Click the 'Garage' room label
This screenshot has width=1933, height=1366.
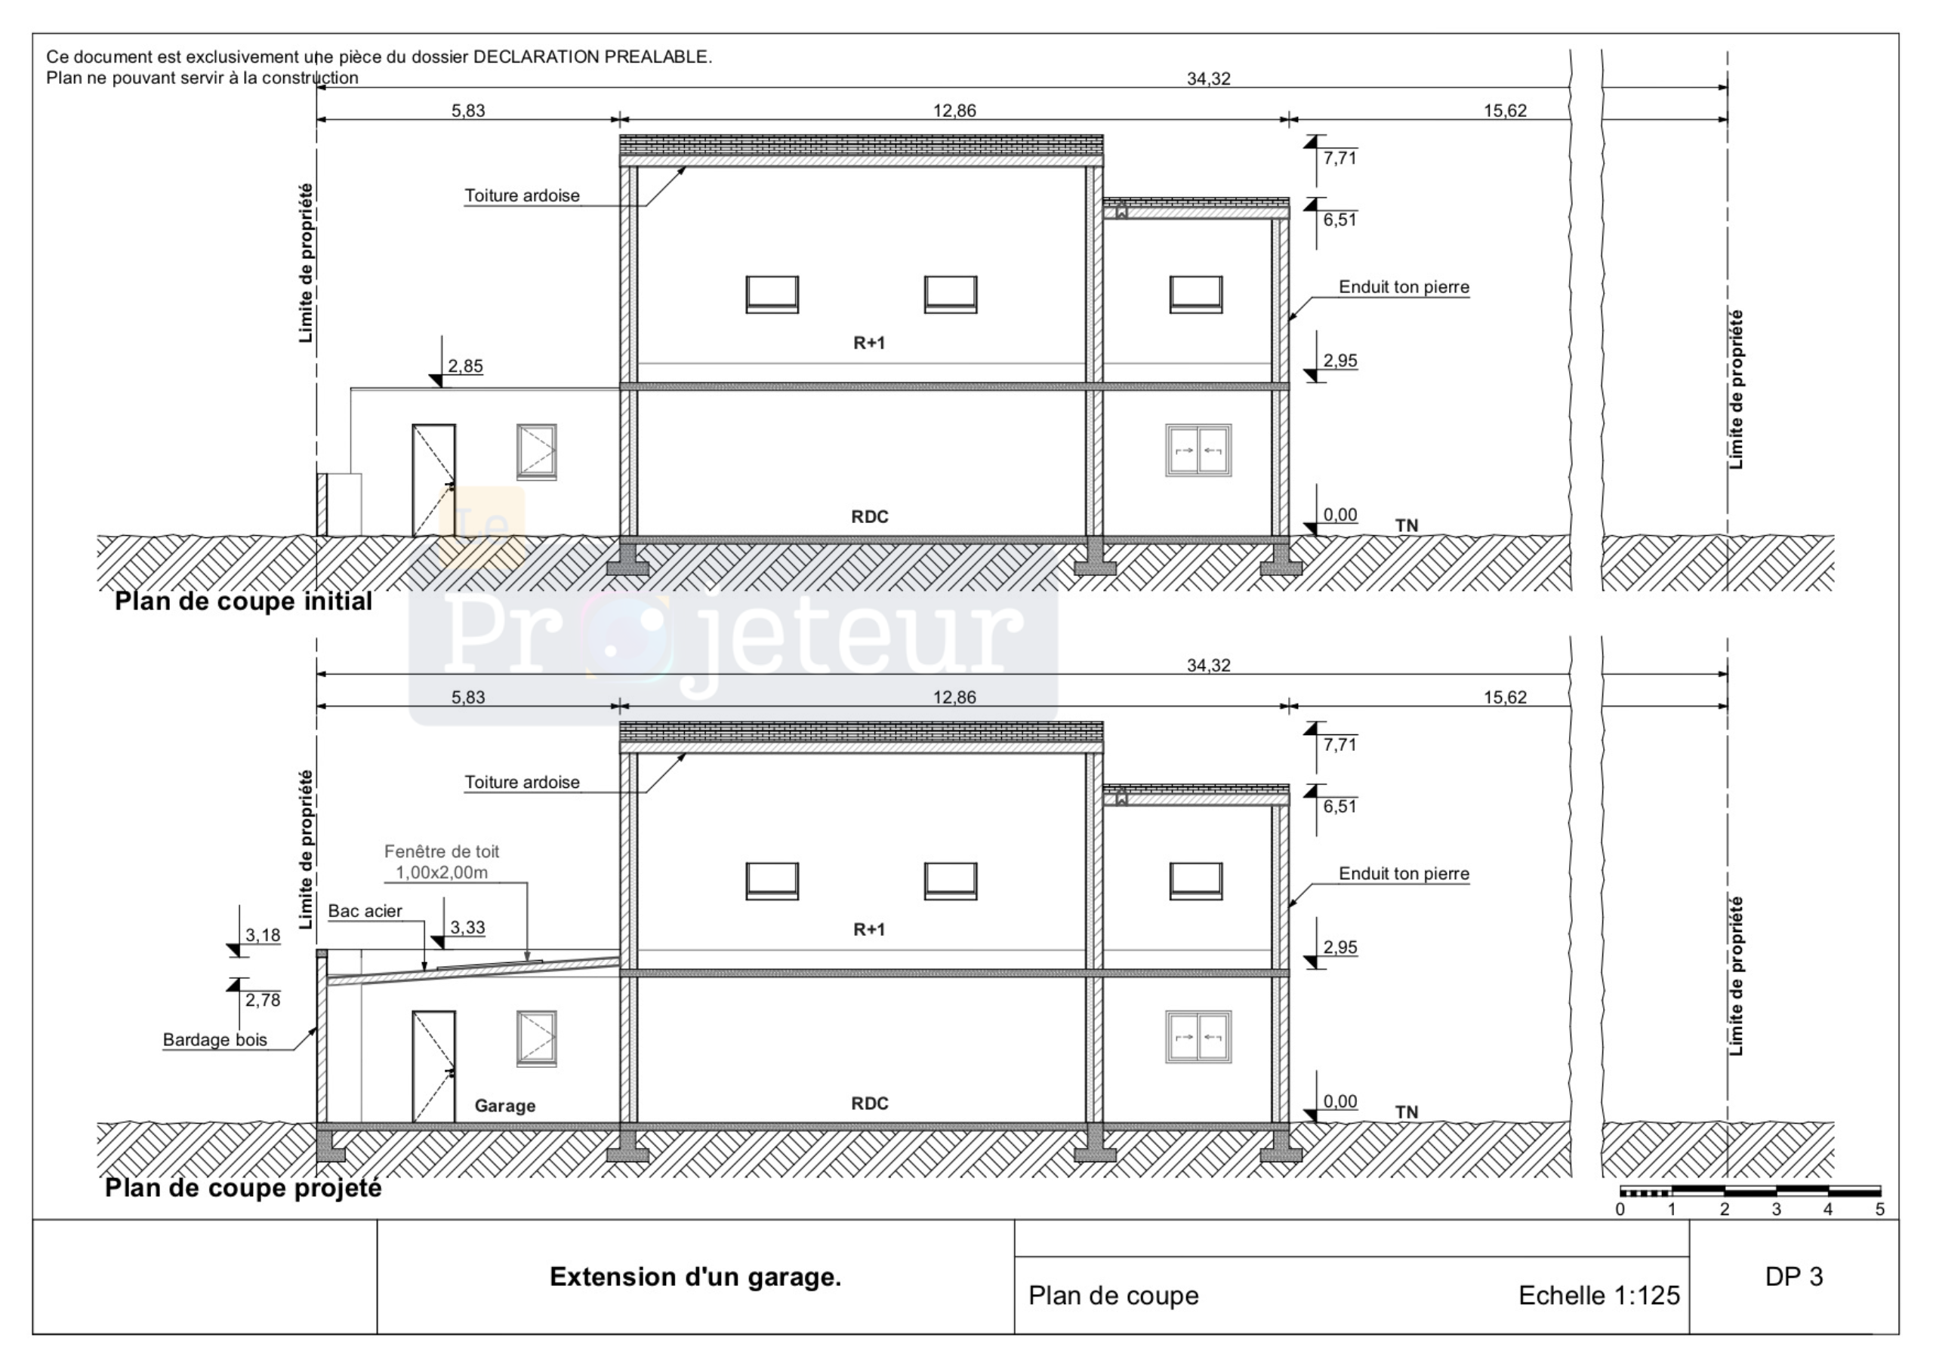tap(504, 1106)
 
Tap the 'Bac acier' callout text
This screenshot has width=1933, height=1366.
tap(365, 911)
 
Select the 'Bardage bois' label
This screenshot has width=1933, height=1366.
tap(214, 1039)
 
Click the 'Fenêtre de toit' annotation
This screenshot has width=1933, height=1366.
tap(441, 852)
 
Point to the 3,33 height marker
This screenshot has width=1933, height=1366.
tap(467, 928)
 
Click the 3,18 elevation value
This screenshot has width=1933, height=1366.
tap(263, 935)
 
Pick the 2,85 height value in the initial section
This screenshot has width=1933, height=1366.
tap(466, 366)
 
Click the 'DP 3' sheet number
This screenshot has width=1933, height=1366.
tap(1794, 1277)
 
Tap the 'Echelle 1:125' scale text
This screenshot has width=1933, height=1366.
tap(1599, 1295)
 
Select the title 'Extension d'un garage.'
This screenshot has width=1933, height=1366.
tap(695, 1277)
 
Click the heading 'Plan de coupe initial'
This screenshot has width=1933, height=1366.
tap(243, 601)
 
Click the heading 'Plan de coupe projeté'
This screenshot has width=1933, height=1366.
tap(243, 1188)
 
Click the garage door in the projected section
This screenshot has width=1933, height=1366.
tap(433, 1067)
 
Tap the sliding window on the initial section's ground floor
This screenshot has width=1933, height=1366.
tap(1198, 451)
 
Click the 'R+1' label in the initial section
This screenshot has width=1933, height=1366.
tap(870, 343)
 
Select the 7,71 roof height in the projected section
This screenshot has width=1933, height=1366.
tap(1340, 744)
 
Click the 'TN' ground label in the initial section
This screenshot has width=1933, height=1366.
tap(1407, 525)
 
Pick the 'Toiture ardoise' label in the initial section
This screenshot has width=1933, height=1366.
tap(522, 195)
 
